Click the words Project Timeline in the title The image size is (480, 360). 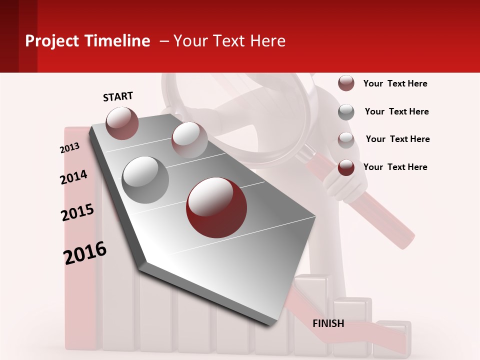coord(87,41)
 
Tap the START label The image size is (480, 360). coord(118,96)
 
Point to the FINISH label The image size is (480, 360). coord(328,323)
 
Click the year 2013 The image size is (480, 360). coord(69,148)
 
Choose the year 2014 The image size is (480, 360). coord(73,177)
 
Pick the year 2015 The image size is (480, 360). coord(77,212)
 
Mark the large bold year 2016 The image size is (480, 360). coord(85,252)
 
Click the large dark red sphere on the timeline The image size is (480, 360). coord(216,207)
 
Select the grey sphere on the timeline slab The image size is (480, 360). coord(145,179)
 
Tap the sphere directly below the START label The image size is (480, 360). coord(122,123)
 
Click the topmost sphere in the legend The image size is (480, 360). coord(346,83)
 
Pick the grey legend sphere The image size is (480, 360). coord(346,112)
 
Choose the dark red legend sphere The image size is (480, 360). coord(346,167)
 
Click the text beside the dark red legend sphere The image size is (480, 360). coord(395,167)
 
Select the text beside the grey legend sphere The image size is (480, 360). coord(396,111)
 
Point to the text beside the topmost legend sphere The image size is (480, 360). coord(395,83)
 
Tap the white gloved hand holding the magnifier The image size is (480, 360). coord(345,185)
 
